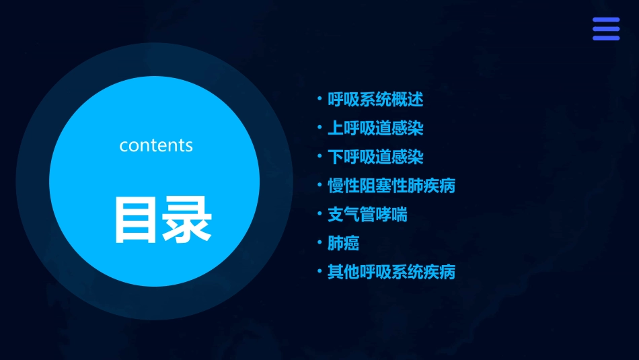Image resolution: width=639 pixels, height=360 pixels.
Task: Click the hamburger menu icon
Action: (605, 29)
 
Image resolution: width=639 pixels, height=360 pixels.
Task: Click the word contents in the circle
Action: (156, 145)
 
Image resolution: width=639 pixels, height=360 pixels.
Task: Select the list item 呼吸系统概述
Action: (375, 100)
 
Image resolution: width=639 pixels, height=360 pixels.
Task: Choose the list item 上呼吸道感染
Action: (375, 128)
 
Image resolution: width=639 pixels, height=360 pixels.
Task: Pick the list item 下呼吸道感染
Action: (375, 157)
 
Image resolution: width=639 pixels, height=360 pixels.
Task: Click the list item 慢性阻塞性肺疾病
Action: (391, 185)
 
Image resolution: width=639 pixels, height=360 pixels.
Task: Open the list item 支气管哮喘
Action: (367, 214)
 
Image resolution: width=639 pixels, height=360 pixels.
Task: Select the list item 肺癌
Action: (343, 243)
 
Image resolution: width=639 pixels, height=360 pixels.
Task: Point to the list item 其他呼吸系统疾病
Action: (391, 272)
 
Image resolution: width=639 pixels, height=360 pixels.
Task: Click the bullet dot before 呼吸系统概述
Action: (319, 99)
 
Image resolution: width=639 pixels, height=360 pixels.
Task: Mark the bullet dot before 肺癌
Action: (319, 242)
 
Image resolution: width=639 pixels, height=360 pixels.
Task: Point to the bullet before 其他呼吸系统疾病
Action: (319, 271)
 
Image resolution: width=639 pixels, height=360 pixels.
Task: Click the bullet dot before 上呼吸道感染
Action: (319, 127)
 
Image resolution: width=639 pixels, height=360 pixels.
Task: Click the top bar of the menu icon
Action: (605, 20)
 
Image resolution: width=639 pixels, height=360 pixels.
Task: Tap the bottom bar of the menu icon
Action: (605, 38)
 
